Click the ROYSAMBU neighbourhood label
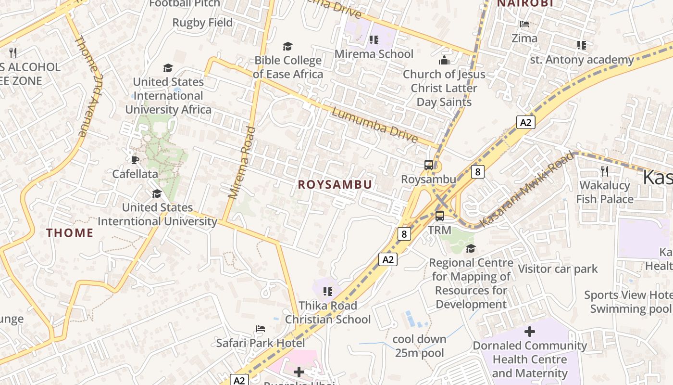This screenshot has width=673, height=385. [x=335, y=185]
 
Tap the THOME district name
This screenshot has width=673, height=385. [x=70, y=233]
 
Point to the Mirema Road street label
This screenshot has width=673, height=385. [x=241, y=162]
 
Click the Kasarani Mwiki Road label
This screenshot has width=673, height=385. [x=527, y=189]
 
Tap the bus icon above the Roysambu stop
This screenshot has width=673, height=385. [x=429, y=165]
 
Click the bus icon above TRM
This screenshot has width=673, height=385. [x=440, y=216]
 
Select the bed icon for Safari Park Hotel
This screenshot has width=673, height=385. [x=260, y=329]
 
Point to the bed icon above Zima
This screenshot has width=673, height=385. [x=524, y=24]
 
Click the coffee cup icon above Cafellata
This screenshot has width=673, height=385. [x=135, y=160]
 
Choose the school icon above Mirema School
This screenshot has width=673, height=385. [x=374, y=40]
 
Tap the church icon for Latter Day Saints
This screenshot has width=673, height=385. [x=444, y=60]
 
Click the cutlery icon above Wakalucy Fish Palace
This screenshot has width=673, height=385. [x=605, y=171]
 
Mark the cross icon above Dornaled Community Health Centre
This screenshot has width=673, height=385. [x=530, y=332]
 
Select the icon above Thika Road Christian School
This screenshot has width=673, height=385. [x=328, y=291]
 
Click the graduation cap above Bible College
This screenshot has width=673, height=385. [x=287, y=46]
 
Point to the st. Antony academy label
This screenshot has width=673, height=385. [x=582, y=60]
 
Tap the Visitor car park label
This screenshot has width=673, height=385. [x=558, y=269]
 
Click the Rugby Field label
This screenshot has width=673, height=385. [x=202, y=23]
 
